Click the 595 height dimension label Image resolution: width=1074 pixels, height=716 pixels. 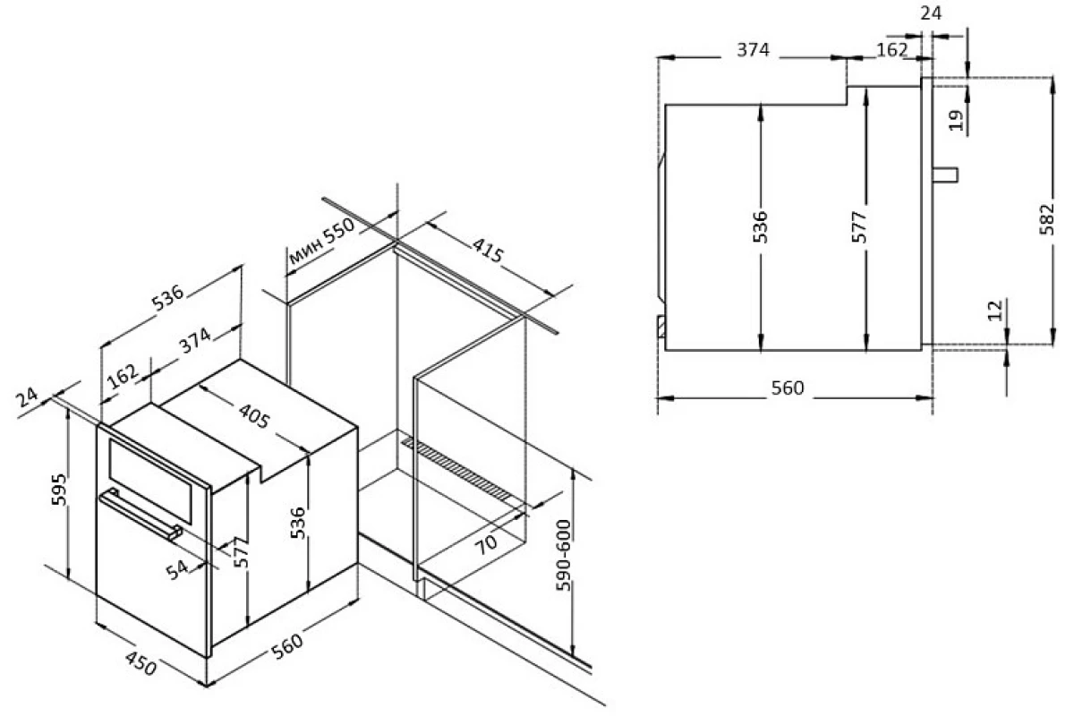[x=59, y=490]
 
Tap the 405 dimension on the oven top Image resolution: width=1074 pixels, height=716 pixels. [x=254, y=416]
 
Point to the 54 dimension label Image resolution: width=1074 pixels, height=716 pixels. [x=177, y=569]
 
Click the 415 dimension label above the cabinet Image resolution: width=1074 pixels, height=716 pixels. [x=488, y=250]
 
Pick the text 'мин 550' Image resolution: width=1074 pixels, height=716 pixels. [x=321, y=242]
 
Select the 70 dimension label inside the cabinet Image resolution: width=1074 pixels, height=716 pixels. [x=486, y=545]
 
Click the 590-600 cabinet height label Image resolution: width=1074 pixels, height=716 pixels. [x=563, y=555]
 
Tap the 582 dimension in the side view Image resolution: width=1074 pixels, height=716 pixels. [x=1047, y=219]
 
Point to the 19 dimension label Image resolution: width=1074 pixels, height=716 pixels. [x=956, y=120]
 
